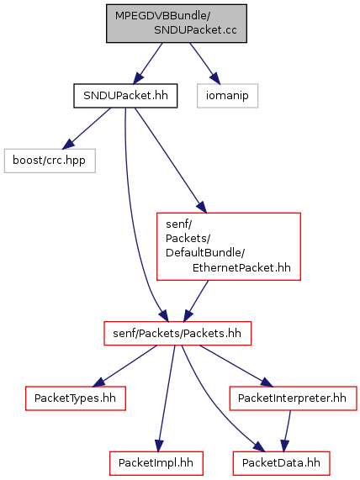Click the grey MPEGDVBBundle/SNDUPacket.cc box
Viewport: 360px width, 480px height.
point(177,24)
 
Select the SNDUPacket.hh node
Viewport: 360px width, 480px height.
point(125,96)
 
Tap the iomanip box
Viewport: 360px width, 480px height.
point(227,96)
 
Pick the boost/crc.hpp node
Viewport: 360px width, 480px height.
point(50,161)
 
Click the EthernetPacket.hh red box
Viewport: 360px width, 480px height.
point(229,246)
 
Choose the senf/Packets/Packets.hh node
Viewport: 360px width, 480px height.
point(177,334)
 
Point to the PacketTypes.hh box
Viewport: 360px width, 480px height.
point(76,398)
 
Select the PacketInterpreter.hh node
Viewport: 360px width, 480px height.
point(293,398)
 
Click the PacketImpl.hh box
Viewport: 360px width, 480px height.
point(156,463)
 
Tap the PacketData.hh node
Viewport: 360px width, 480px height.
point(281,463)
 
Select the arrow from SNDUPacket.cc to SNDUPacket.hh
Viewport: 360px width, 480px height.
point(148,63)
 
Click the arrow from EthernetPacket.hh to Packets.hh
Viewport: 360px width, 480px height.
point(196,301)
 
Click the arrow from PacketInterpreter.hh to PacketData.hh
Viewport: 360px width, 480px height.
point(287,431)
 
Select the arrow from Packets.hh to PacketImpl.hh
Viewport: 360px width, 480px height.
point(166,398)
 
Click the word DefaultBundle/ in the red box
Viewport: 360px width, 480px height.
point(205,253)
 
